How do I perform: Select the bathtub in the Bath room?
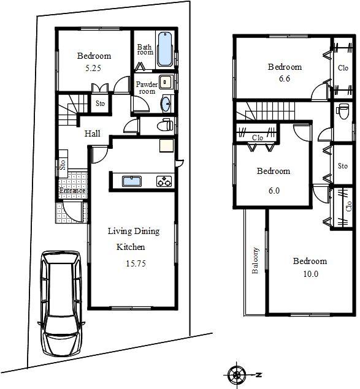(x=164, y=51)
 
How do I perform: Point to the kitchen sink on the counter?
(x=131, y=181)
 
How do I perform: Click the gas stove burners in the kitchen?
(x=164, y=181)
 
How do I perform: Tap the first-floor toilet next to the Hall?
(x=163, y=126)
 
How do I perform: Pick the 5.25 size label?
(x=93, y=69)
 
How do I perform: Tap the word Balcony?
(x=256, y=262)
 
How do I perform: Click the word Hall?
(x=93, y=134)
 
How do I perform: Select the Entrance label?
(x=71, y=190)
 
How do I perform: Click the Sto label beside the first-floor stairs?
(x=100, y=104)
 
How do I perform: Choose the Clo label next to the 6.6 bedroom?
(x=343, y=68)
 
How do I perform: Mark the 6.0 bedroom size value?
(x=274, y=190)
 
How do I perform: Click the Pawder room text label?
(x=147, y=88)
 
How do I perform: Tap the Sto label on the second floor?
(x=342, y=166)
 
